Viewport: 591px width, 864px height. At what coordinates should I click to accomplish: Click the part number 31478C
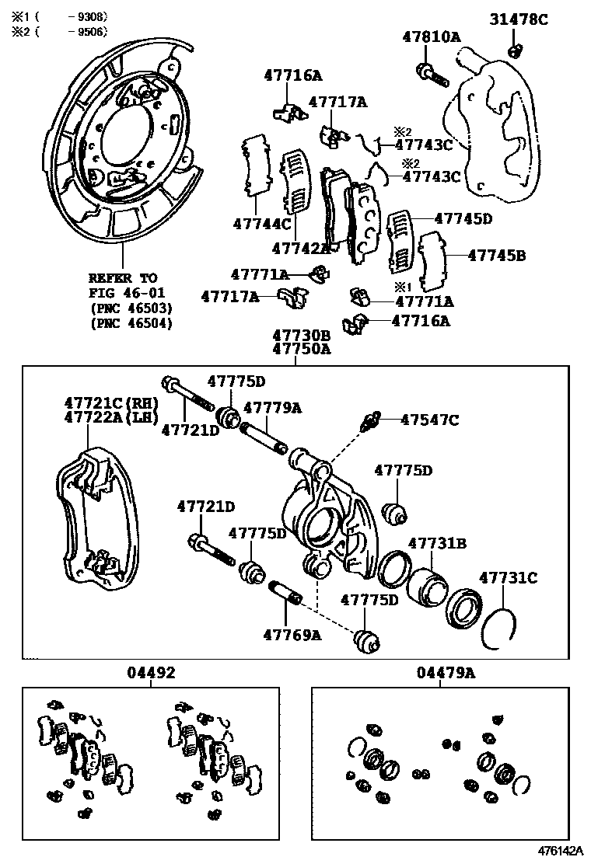519,19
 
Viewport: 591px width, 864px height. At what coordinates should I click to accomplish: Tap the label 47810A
432,36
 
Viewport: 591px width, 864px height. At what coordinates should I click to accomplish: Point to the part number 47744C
261,225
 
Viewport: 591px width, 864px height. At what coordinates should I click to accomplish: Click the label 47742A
301,248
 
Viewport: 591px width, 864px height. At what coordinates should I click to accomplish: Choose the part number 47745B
496,254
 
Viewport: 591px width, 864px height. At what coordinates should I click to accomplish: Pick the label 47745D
463,218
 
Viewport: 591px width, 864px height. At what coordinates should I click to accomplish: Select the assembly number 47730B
301,335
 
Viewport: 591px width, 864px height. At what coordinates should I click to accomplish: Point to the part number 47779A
272,408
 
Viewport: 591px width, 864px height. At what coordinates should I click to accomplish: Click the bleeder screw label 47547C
429,420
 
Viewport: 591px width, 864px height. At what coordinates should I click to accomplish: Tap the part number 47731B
437,543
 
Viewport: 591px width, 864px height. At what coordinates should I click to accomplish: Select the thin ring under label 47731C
498,627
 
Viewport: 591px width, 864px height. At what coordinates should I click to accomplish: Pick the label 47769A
292,634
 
